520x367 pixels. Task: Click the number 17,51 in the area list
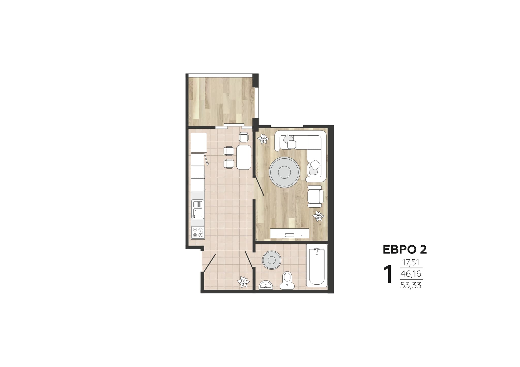[411, 263]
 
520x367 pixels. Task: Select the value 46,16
[411, 274]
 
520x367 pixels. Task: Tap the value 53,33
[411, 285]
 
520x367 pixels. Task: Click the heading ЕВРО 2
[405, 249]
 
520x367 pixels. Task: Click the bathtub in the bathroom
[317, 266]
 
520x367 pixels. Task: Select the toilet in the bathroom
[287, 281]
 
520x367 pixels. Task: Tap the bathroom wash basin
[266, 285]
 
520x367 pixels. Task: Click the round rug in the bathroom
[271, 260]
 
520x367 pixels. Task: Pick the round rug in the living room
[284, 172]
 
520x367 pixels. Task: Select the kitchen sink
[198, 209]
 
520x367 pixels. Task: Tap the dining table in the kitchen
[243, 157]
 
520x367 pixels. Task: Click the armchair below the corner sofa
[315, 196]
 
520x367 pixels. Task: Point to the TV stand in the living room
[290, 233]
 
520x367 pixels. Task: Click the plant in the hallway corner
[243, 282]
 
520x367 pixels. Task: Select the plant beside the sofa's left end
[263, 139]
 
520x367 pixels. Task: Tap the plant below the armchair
[318, 216]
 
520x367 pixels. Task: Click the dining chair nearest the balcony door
[244, 137]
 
